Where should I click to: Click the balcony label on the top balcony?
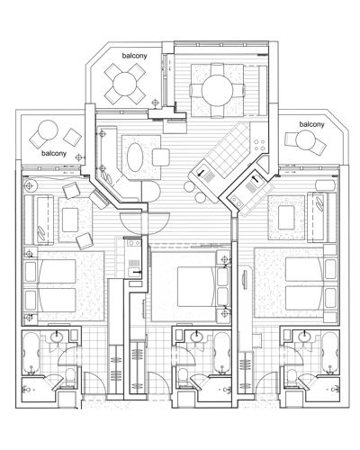pos(134,56)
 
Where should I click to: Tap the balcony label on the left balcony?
pos(54,153)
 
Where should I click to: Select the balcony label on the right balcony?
pos(311,124)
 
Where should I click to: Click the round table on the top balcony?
pos(125,84)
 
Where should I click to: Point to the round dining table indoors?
pos(217,90)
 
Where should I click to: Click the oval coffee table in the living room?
pos(135,157)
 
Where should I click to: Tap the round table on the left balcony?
pos(48,130)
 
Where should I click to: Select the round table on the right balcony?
pos(305,140)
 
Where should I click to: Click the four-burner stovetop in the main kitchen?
pos(259,145)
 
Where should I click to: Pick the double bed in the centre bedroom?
pos(197,286)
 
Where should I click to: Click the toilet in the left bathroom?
pos(70,377)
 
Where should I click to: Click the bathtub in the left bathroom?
pos(31,353)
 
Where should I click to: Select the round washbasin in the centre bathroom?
pos(196,337)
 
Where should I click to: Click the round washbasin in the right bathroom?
pos(305,337)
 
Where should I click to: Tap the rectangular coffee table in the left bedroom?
pos(70,220)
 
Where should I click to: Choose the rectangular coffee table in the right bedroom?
pos(287,217)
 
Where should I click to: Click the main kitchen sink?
pos(205,177)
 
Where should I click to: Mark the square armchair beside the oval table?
pos(161,157)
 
